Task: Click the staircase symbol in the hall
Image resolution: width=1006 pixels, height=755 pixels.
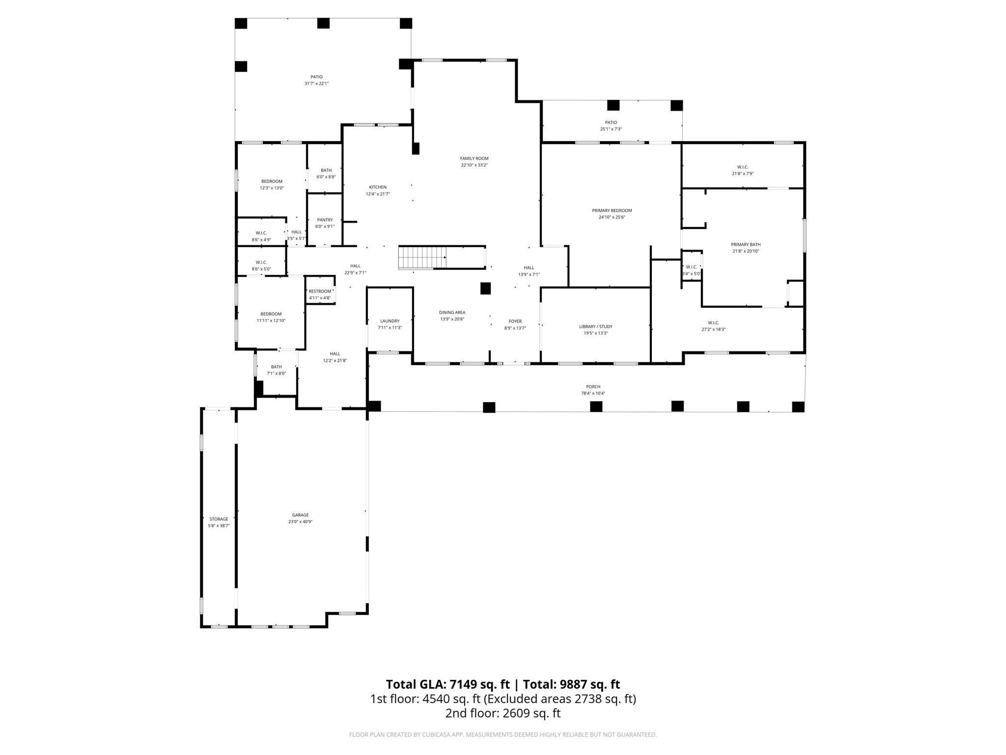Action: [421, 258]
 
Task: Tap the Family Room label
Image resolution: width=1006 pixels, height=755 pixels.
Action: [474, 158]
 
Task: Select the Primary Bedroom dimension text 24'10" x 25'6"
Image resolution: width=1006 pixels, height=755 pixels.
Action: [612, 217]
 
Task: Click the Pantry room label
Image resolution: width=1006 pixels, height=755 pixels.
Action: [325, 220]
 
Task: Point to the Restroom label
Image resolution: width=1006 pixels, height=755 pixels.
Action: [320, 291]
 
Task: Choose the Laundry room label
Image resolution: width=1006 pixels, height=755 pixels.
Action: [390, 321]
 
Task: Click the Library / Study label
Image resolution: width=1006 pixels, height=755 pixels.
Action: [595, 326]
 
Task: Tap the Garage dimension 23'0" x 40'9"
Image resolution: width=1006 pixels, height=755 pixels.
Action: [300, 522]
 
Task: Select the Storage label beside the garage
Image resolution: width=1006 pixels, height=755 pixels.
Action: [219, 519]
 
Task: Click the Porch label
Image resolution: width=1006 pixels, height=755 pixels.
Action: [593, 386]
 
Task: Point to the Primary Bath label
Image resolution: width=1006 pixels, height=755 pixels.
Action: [745, 244]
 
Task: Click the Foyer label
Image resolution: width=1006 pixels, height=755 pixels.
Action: [515, 321]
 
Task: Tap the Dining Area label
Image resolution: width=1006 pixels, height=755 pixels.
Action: [452, 312]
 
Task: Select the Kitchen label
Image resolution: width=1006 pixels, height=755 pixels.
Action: [378, 187]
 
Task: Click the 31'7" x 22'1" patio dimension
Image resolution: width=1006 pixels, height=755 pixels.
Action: [316, 84]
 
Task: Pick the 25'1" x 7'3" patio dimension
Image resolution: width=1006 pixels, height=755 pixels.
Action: [611, 129]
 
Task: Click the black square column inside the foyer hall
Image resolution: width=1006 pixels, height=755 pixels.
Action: [485, 288]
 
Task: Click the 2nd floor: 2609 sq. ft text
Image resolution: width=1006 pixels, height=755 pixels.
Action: [503, 713]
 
